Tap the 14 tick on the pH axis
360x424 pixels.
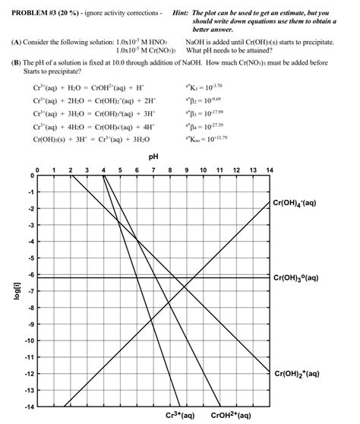coord(269,169)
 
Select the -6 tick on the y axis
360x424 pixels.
coord(28,275)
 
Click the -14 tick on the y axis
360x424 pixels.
coord(27,407)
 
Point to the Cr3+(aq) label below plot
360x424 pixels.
coord(180,416)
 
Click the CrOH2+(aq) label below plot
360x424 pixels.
coord(230,416)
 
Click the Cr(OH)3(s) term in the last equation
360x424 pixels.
coord(49,140)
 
